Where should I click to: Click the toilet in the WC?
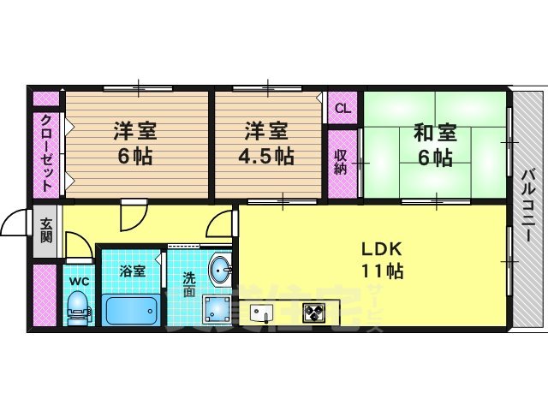point(78,306)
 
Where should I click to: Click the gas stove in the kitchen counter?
point(313,313)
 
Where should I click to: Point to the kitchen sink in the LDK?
point(260,313)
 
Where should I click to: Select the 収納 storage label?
point(341,160)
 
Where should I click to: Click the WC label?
point(77,279)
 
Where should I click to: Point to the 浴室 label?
point(132,271)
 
